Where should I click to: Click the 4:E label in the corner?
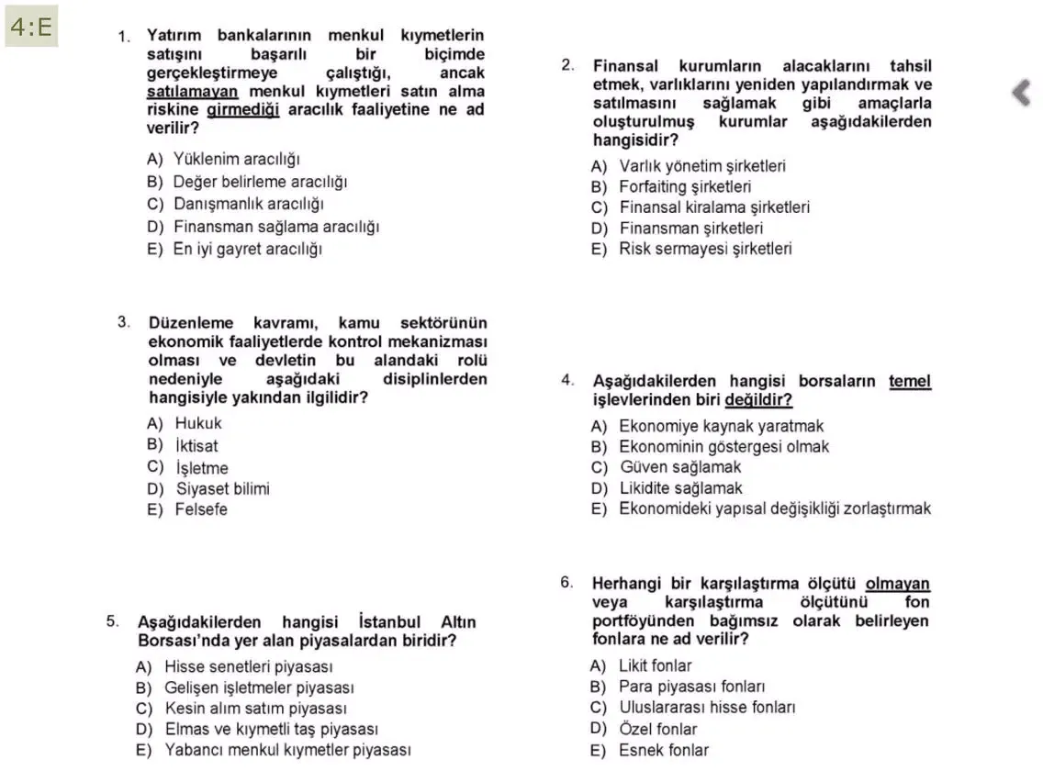coord(31,28)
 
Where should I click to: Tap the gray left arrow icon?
coord(1020,93)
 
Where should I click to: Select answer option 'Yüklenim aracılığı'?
coord(237,160)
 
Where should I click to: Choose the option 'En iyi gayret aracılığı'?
coord(247,249)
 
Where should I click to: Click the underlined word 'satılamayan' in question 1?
coord(193,92)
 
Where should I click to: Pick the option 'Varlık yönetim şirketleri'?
coord(701,166)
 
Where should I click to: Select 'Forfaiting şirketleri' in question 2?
coord(685,187)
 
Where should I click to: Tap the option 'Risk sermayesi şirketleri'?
coord(705,248)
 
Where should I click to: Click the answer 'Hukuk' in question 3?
coord(198,423)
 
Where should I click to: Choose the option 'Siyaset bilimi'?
coord(222,488)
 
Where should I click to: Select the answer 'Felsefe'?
coord(201,509)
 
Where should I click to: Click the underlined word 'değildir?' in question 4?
coord(758,400)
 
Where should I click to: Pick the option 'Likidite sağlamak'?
coord(680,488)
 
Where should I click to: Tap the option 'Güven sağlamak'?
coord(679,467)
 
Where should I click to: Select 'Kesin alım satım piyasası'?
coord(255,709)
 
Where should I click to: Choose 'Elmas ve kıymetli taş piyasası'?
coord(271,730)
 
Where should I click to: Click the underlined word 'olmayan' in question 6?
coord(897,584)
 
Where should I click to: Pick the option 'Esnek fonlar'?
coord(663,750)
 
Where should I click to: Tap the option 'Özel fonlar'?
coord(657,729)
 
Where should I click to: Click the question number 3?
coord(123,322)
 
